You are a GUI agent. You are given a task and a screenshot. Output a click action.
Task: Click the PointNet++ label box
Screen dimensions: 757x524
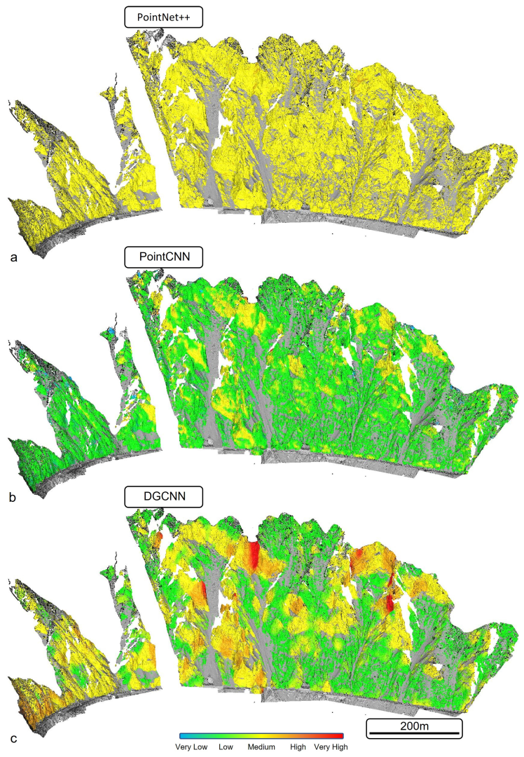(163, 18)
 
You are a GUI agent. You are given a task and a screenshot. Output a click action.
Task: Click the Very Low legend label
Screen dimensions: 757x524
(191, 748)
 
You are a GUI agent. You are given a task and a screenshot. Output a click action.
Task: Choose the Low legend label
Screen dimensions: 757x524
(225, 748)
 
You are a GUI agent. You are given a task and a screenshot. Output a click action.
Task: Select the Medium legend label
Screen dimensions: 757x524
(261, 748)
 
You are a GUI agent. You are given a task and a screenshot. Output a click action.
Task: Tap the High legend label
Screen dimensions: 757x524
(298, 748)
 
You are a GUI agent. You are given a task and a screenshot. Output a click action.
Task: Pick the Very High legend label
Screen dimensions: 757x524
(331, 748)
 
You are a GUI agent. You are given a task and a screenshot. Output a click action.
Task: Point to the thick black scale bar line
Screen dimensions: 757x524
(415, 735)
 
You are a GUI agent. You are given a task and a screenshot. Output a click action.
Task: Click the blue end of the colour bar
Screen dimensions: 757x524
(184, 736)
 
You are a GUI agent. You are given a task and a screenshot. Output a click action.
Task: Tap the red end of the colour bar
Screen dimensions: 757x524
(341, 736)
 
